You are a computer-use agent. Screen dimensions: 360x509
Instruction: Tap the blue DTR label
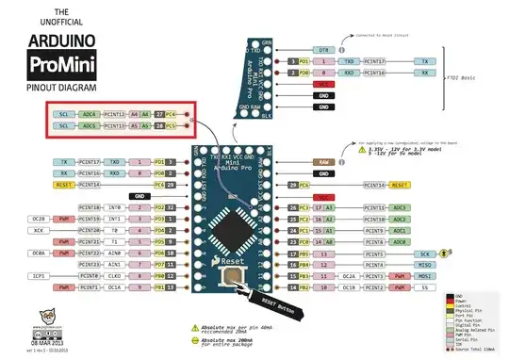[322, 49]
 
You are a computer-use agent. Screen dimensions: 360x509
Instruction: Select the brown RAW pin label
[322, 161]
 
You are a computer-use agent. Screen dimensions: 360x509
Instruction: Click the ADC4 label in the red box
[91, 112]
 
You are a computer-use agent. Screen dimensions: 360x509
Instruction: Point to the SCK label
[426, 254]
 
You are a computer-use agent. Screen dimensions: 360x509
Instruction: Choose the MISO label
[426, 265]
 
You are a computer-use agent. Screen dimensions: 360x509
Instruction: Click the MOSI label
[426, 276]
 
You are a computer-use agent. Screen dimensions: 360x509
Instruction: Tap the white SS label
[426, 287]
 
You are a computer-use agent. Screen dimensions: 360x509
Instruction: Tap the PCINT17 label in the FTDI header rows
[375, 60]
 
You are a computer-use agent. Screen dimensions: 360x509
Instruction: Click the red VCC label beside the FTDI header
[322, 84]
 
